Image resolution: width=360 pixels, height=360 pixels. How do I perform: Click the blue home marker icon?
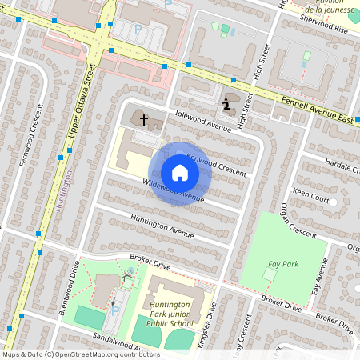pyautogui.click(x=179, y=173)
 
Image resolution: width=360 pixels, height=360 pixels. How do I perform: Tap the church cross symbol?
pyautogui.click(x=145, y=120)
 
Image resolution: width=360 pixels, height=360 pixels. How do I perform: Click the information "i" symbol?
pyautogui.click(x=227, y=103)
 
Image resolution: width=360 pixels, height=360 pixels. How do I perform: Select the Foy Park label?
pyautogui.click(x=278, y=264)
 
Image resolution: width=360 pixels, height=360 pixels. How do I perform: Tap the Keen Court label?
pyautogui.click(x=312, y=194)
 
